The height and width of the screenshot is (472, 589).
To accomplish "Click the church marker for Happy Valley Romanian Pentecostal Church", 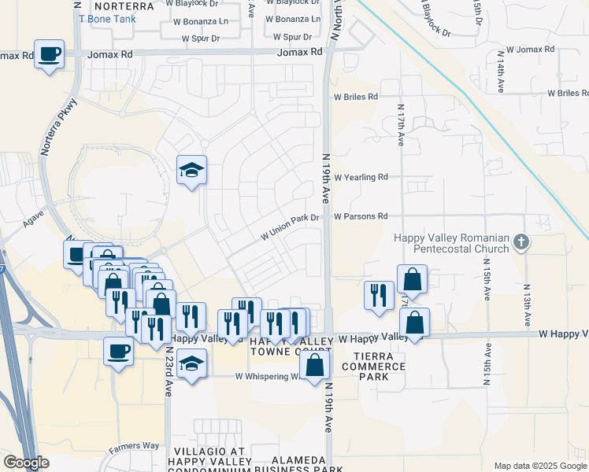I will [520, 242].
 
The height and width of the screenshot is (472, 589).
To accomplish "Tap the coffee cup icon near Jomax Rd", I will [50, 54].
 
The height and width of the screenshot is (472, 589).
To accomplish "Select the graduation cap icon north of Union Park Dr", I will [191, 170].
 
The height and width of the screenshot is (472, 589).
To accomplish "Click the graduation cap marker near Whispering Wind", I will [191, 364].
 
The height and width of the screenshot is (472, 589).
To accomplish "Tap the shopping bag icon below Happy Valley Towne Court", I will [314, 364].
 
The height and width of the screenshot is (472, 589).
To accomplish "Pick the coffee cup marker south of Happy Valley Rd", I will [119, 350].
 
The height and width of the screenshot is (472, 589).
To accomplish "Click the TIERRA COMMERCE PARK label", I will [362, 367].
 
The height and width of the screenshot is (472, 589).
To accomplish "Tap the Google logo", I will [26, 463].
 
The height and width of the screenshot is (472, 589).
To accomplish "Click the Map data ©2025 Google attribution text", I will [540, 466].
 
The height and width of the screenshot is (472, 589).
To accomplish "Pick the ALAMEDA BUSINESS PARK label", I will [307, 465].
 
